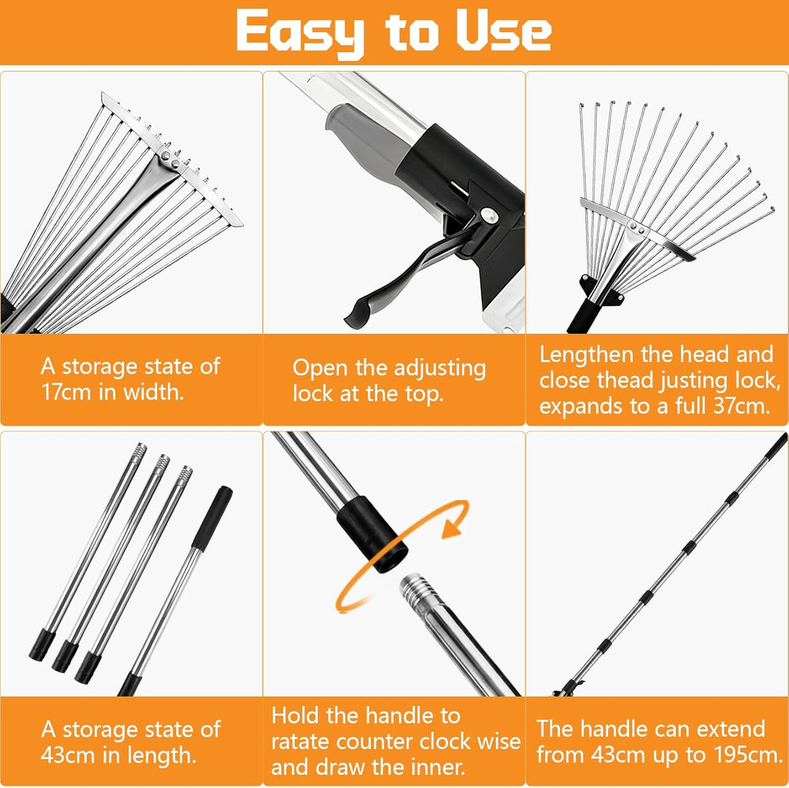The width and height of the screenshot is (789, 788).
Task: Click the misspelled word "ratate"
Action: (300, 742)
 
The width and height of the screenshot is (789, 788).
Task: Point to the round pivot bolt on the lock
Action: (489, 215)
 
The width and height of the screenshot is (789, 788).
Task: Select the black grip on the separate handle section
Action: (212, 518)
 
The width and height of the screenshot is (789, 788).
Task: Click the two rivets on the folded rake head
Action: (170, 159)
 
